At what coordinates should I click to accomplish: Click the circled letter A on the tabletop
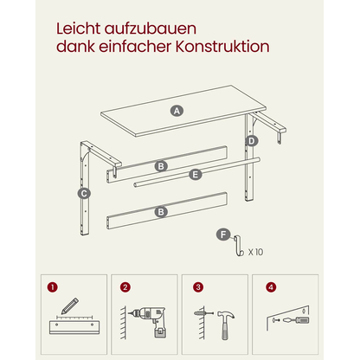point(177,111)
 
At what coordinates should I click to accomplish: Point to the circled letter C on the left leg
point(83,194)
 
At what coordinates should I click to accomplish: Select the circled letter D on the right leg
point(252,140)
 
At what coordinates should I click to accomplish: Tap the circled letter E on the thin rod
point(195,174)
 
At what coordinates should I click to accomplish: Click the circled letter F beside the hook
point(223,234)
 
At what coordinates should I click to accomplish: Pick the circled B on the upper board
point(161,164)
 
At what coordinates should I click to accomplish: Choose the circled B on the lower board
point(161,210)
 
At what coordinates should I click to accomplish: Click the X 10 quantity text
point(256,253)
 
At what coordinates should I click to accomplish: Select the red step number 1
point(53,286)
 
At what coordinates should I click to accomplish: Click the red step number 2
point(125,286)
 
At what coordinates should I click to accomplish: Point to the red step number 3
point(198,286)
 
